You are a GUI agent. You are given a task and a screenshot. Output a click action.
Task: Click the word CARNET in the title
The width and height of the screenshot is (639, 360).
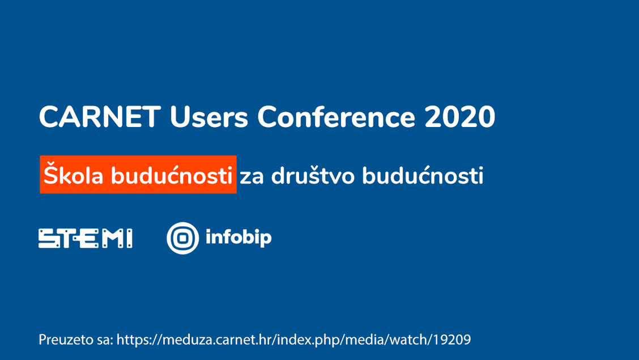point(100,117)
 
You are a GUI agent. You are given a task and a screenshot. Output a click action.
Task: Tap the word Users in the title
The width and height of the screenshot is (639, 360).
point(208,117)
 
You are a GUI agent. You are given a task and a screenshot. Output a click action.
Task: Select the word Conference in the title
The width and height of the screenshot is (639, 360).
point(336,117)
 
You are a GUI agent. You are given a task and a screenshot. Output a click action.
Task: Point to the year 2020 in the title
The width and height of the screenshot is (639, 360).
point(459,117)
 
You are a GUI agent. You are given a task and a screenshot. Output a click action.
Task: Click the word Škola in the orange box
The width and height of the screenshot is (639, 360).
point(73,175)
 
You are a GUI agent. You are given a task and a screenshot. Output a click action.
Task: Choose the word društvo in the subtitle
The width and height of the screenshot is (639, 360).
point(313,175)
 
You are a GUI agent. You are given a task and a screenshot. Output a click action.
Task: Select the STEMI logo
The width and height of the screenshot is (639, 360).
point(85,238)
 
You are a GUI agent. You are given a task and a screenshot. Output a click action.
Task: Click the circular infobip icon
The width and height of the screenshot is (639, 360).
point(182,238)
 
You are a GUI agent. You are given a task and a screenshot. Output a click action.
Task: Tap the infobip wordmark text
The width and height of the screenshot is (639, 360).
point(238,238)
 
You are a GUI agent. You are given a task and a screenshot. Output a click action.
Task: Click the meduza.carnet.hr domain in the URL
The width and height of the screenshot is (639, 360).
point(217,340)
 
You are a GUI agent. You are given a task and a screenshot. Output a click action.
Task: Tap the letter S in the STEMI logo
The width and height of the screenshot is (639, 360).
point(49,238)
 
